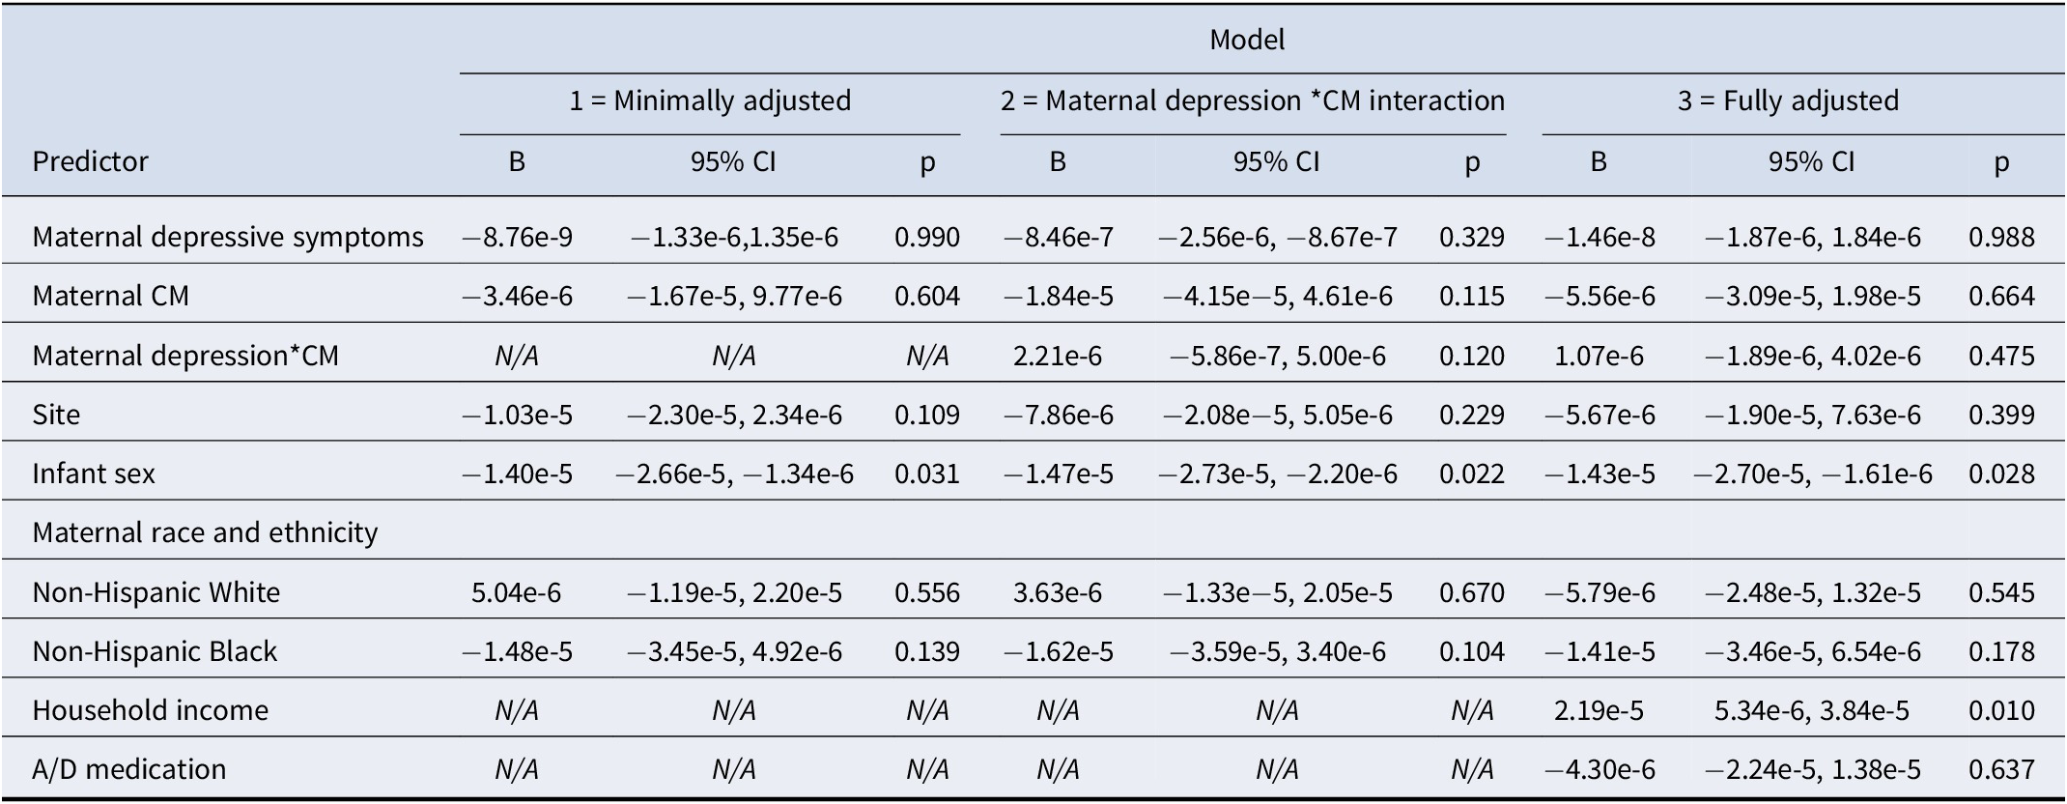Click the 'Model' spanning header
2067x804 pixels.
pos(1247,40)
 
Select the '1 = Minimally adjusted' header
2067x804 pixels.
pos(710,100)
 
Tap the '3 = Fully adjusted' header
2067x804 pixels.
pos(1788,100)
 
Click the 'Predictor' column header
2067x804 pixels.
pos(90,160)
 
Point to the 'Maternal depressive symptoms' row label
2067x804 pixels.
pos(228,237)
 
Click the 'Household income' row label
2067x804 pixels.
pos(151,710)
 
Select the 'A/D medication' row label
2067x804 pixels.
pos(129,769)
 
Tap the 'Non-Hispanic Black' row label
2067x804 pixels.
pos(155,651)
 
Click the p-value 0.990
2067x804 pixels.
pos(927,237)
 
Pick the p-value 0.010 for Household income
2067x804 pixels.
pos(2001,710)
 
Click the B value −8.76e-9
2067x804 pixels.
pos(517,237)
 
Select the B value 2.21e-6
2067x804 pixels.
pos(1058,356)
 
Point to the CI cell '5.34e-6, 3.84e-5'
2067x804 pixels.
pos(1811,710)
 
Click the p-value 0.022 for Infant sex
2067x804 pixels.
pos(1471,474)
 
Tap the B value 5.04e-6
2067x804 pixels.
pos(517,592)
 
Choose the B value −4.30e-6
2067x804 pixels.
pos(1599,769)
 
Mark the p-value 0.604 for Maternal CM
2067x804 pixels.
pos(927,296)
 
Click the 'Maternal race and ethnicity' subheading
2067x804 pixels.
pos(205,532)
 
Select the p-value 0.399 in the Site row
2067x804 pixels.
pos(2001,415)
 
